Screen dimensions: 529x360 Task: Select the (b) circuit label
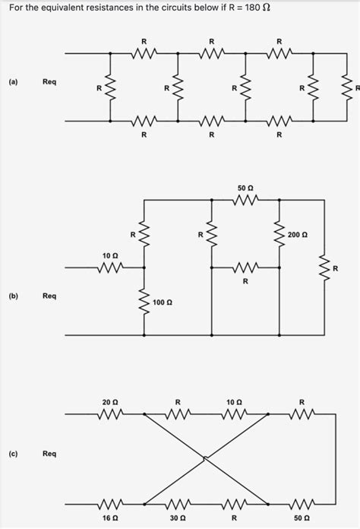pos(14,296)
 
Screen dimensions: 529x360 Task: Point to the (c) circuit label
pos(14,454)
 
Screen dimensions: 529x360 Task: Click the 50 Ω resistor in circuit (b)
pos(245,200)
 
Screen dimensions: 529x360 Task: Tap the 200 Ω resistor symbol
pos(279,236)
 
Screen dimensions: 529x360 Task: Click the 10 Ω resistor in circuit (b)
pos(109,268)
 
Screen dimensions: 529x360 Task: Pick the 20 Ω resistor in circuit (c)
pos(109,414)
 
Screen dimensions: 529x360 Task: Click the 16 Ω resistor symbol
pos(109,502)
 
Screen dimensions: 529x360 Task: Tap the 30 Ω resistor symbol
pos(177,502)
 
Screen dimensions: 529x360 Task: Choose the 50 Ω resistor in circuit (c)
pos(302,502)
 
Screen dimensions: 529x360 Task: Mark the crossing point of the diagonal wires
pos(205,458)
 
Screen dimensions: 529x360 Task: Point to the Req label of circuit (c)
pos(49,454)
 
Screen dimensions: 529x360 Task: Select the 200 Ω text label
pos(298,236)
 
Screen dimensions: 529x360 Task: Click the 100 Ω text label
pos(163,303)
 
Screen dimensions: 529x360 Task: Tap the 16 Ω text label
pos(110,518)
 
